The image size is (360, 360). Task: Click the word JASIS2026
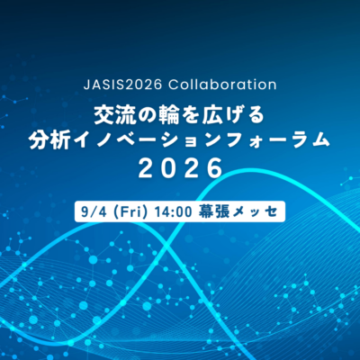(122, 85)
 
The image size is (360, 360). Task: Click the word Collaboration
(222, 85)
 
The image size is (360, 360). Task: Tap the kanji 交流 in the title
(112, 115)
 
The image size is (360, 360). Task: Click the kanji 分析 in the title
(47, 140)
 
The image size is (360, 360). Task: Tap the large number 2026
(180, 168)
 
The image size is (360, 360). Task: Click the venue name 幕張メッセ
(237, 211)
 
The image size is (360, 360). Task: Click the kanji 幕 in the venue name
(206, 211)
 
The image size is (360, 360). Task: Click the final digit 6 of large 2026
(215, 168)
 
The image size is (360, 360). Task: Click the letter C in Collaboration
(173, 85)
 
